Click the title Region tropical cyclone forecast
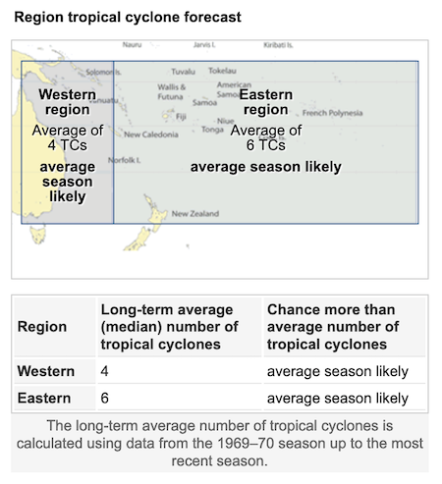pos(128,18)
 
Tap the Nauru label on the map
pos(132,45)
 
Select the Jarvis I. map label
pos(203,45)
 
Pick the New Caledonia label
pos(151,134)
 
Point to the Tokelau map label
pos(223,72)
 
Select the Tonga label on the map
pos(212,130)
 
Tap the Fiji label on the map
pos(181,117)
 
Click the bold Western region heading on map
pos(67,102)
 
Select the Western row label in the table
pos(46,372)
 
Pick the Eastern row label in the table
pos(45,398)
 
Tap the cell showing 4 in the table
pos(104,372)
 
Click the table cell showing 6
pos(104,398)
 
